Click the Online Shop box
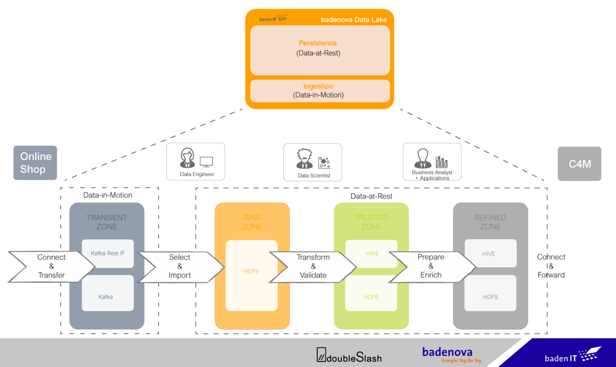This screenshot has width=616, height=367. click(35, 163)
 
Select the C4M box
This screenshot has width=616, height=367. click(579, 164)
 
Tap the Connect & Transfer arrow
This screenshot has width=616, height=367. click(51, 266)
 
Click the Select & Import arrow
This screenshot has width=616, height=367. click(180, 266)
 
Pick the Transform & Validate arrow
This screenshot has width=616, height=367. click(313, 266)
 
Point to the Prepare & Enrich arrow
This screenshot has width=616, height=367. click(431, 266)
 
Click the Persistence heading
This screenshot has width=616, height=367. click(318, 43)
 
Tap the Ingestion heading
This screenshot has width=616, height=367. click(318, 86)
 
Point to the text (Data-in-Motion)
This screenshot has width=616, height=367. click(318, 95)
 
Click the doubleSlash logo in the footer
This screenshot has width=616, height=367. click(349, 355)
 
